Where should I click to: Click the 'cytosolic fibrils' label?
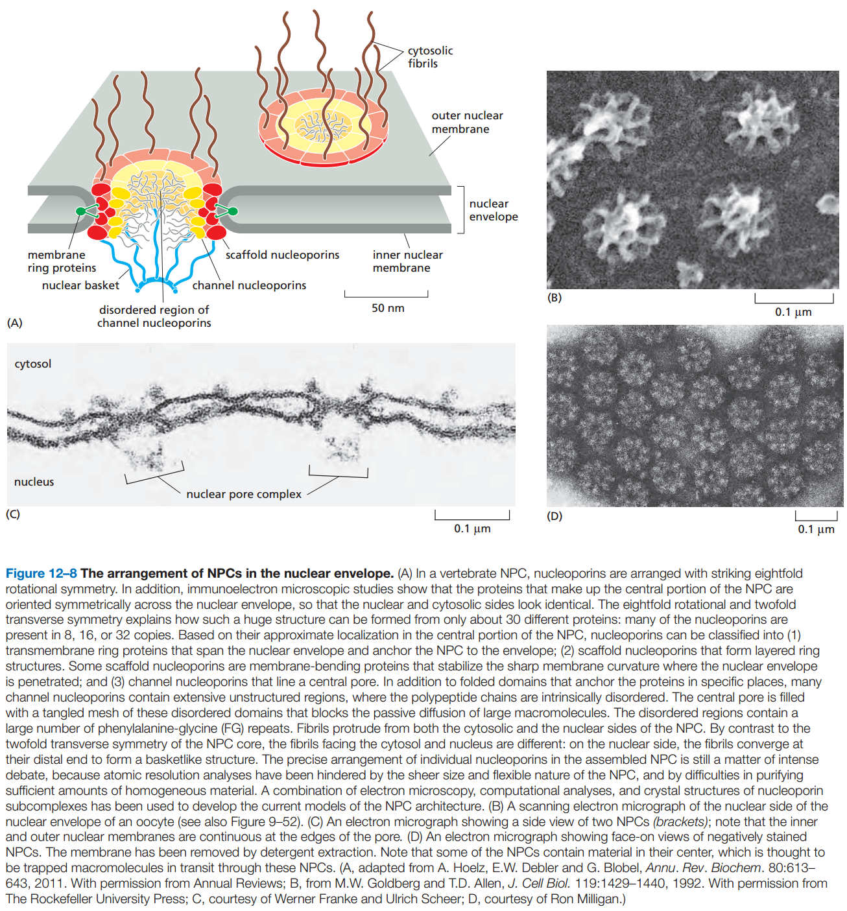pyautogui.click(x=430, y=57)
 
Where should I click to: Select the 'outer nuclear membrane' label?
pyautogui.click(x=467, y=122)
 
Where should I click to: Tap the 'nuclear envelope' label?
pyautogui.click(x=493, y=210)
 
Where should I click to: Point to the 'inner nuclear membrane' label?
pyautogui.click(x=407, y=261)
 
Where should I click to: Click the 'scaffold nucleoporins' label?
pyautogui.click(x=282, y=255)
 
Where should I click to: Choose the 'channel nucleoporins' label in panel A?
pyautogui.click(x=249, y=285)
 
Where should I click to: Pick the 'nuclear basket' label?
pyautogui.click(x=80, y=285)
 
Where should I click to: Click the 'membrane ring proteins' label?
pyautogui.click(x=62, y=261)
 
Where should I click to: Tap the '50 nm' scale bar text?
pyautogui.click(x=388, y=308)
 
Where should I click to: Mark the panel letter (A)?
pyautogui.click(x=14, y=322)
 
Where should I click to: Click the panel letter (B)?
pyautogui.click(x=555, y=298)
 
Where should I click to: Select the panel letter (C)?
pyautogui.click(x=13, y=514)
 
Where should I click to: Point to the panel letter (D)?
pyautogui.click(x=555, y=516)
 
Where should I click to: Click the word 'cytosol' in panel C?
pyautogui.click(x=33, y=364)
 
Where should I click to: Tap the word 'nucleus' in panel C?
pyautogui.click(x=34, y=482)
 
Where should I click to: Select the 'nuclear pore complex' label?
pyautogui.click(x=244, y=494)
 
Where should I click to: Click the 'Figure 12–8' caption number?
pyautogui.click(x=41, y=574)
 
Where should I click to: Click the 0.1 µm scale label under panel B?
pyautogui.click(x=793, y=312)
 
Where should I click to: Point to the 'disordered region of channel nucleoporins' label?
pyautogui.click(x=154, y=316)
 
